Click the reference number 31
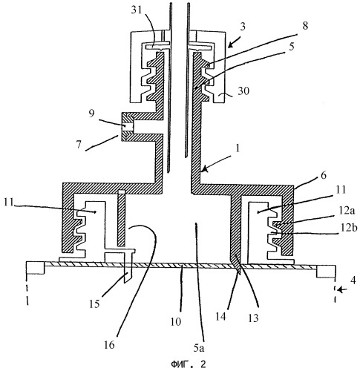pos(136,11)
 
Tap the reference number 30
pos(243,91)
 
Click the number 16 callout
pos(109,344)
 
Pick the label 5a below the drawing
pos(199,348)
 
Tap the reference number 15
pos(94,303)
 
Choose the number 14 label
pos(220,316)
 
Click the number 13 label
pos(253,318)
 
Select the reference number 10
pos(176,322)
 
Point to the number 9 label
pos(91,114)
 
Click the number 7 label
pos(79,144)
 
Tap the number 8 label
pos(305,25)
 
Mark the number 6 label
pos(324,175)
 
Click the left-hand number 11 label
pos(10,202)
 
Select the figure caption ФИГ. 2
pos(189,364)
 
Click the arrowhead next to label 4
pos(341,289)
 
